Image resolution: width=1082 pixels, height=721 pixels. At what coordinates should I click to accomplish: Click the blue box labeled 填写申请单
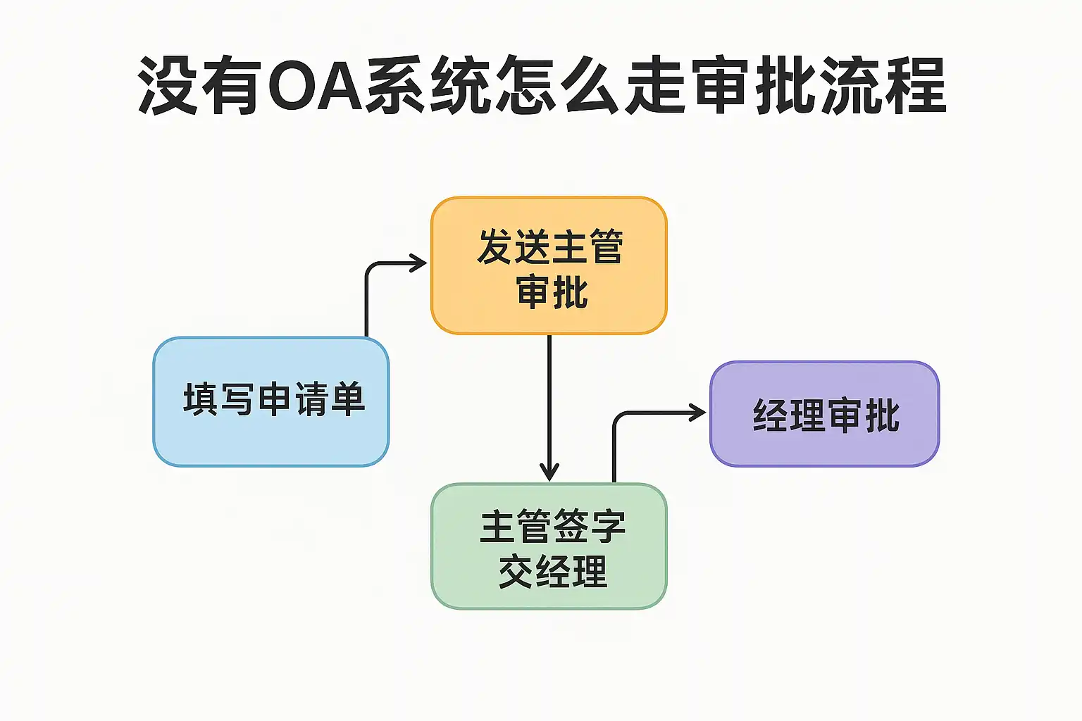(271, 402)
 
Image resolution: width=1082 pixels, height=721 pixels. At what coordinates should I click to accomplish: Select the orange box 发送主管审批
(549, 265)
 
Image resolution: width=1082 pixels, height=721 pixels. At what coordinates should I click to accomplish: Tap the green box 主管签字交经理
(549, 546)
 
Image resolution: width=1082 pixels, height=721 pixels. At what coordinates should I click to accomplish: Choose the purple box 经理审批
(825, 414)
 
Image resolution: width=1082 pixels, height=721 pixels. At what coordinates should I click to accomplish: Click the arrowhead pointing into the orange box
(419, 263)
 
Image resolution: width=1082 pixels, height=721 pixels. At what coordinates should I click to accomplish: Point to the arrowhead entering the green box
(549, 472)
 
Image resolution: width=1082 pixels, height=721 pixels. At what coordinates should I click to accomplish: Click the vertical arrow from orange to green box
(549, 408)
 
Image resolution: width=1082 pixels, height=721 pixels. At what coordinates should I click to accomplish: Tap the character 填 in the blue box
(201, 399)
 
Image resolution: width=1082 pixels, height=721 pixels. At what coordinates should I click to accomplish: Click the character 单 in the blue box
(348, 399)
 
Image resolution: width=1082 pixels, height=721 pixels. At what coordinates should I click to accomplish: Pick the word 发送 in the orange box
(513, 247)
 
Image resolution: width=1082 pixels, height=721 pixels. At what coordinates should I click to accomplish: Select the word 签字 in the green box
(590, 527)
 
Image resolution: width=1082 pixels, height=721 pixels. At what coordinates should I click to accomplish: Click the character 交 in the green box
(516, 572)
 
